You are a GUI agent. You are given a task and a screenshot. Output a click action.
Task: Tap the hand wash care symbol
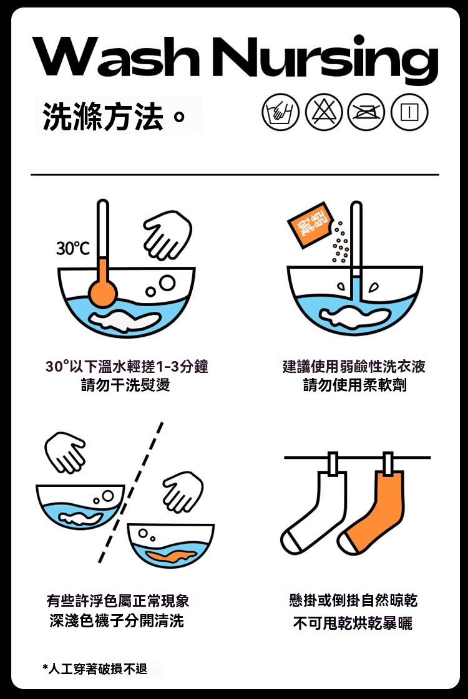[x=280, y=112]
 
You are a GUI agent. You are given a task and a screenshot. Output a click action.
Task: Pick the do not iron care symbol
[x=366, y=112]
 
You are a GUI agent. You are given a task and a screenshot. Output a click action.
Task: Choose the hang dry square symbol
[x=409, y=112]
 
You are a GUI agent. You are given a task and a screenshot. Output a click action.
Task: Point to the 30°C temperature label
[x=72, y=248]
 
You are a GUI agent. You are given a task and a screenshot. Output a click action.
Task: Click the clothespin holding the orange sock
[x=388, y=464]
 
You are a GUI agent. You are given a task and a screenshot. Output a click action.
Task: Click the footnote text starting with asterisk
[x=95, y=668]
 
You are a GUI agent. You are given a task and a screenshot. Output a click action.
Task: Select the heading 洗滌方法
[x=102, y=117]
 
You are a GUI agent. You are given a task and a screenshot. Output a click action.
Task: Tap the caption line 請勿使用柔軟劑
[x=354, y=385]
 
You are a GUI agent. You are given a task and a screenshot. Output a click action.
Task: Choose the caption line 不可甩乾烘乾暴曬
[x=353, y=623]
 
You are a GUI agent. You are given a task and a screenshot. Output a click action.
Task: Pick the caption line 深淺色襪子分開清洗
[x=117, y=620]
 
